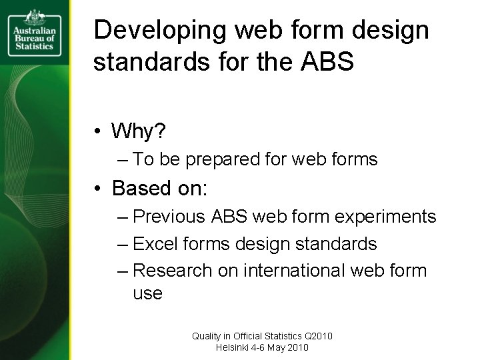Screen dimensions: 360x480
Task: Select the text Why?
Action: point(139,131)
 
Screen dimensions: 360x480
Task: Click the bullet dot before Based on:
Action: point(98,189)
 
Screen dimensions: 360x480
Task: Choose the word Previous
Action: point(171,217)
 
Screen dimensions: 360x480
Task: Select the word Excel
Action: point(155,244)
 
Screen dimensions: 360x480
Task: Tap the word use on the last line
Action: point(147,293)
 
